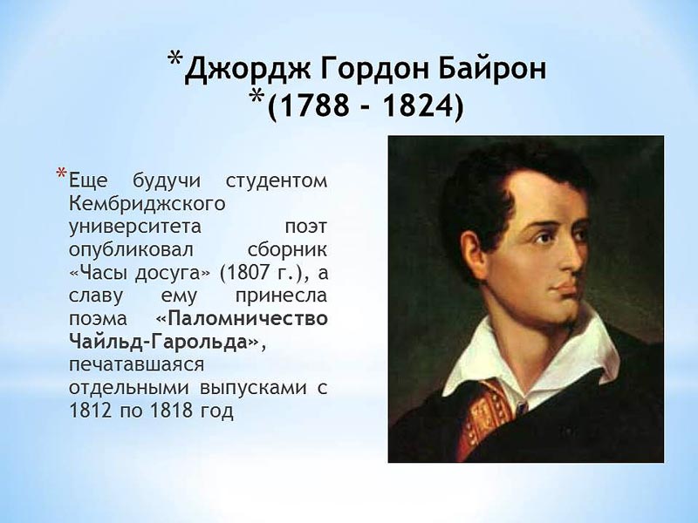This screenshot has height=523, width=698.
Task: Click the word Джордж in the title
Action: (x=248, y=69)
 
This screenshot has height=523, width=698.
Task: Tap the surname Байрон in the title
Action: (x=492, y=70)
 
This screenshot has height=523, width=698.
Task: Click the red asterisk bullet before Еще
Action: (x=61, y=173)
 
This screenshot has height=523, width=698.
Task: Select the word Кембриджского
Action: (x=147, y=204)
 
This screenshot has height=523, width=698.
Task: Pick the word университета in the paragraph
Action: (x=135, y=228)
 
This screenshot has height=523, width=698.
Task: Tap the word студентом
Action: (x=277, y=181)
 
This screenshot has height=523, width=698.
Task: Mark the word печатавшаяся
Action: (x=137, y=365)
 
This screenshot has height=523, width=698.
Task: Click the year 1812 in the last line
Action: (x=90, y=411)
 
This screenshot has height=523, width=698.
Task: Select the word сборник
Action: (x=287, y=249)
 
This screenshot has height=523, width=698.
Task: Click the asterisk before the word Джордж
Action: (x=175, y=58)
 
